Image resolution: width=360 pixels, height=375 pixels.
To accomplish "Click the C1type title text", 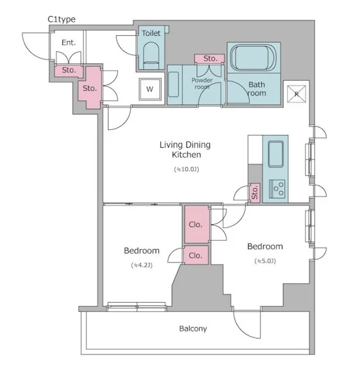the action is pos(61,19).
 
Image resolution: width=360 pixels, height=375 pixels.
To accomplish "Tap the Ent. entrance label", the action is pos(69,43).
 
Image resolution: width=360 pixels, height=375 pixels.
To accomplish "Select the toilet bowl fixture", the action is pos(151,56).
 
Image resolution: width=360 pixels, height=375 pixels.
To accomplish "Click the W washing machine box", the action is pos(150,89).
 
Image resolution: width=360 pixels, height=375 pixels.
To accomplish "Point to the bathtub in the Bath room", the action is pos(253,57).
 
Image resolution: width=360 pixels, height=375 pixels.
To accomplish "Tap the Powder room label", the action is pos(202,83).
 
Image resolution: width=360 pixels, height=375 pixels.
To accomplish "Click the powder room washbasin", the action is pos(174,84).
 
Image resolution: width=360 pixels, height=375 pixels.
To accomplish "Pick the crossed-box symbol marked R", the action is pos(297,93).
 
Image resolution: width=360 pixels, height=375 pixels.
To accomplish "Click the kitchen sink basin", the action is pos(275,154).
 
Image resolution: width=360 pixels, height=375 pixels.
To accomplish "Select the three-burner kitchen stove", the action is pos(277,189).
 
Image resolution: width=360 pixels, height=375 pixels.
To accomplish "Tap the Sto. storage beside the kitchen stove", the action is pos(255,193).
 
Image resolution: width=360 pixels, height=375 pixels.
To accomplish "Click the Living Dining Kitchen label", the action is pos(185,150).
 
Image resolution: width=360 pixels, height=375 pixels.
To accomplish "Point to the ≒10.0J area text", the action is pos(186,170).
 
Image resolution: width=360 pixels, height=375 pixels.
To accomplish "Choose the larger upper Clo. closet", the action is pos(197,225).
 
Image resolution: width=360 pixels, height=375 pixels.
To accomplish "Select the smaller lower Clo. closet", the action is pos(195,255).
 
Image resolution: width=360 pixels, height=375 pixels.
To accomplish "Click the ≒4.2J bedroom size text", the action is pos(142,265).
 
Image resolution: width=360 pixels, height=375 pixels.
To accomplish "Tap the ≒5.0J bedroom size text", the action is pos(265,261).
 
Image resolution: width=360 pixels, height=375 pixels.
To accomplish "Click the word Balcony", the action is pos(193,328).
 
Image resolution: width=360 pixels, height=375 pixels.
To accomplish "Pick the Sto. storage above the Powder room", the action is pos(209,58).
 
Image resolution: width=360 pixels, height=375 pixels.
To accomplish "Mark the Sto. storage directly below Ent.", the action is pos(69,71).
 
